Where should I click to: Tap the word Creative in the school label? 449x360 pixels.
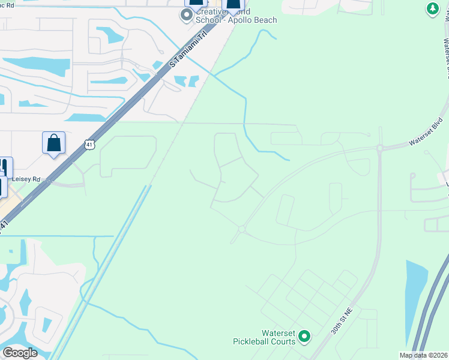coord(209,12)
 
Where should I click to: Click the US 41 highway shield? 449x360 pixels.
coord(89,145)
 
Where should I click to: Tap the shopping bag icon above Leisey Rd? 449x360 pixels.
coord(53,143)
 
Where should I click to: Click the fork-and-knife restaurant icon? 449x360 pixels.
coord(5,167)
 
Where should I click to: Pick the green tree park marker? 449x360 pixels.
coord(432,9)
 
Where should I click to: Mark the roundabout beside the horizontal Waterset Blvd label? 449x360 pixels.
coord(380,148)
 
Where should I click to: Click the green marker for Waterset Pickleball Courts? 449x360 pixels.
coord(304,337)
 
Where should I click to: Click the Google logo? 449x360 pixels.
coord(20,352)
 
